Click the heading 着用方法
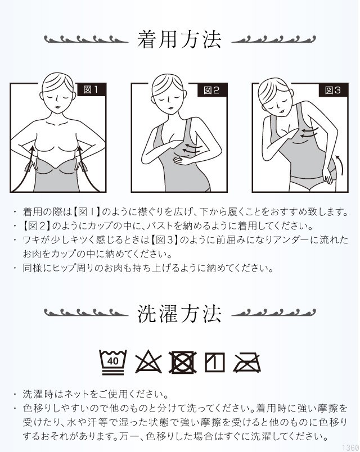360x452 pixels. pos(179,39)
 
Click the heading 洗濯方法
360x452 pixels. pos(179,314)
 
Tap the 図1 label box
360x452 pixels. pos(92,89)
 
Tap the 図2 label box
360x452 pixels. pos(212,90)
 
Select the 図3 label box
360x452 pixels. pos(333,90)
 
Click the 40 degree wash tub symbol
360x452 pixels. pos(113,362)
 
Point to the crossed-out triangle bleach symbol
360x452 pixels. pos(148,361)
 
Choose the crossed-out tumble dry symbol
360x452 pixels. pos(183,362)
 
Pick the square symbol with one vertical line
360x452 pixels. pos(215,362)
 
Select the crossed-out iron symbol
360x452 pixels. pos(247,362)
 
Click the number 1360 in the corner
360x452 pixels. pos(352,448)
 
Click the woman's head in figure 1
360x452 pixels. pos(58,89)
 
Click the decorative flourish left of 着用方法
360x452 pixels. pos(86,39)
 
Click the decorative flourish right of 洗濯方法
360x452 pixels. pos(273,313)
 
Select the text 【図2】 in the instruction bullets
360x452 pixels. pos(37,225)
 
